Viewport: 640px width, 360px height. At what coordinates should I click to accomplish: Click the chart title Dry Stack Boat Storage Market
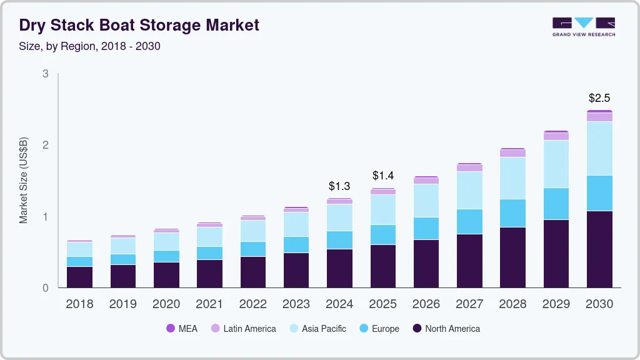(x=139, y=25)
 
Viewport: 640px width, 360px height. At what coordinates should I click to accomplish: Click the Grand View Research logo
(x=583, y=26)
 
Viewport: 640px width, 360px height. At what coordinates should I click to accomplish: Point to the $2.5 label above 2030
(x=599, y=98)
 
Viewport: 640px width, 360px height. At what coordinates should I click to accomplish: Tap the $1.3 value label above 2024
(x=339, y=186)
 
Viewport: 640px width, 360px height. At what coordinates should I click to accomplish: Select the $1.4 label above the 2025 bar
(x=382, y=176)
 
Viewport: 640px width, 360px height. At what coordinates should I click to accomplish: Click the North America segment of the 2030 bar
(x=599, y=249)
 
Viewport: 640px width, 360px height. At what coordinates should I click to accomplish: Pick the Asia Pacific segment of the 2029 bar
(x=556, y=164)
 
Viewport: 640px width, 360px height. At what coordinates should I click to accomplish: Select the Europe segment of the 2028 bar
(x=512, y=213)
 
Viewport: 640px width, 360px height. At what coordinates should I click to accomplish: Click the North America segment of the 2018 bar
(x=79, y=277)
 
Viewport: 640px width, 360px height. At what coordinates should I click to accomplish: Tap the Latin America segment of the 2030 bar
(x=599, y=117)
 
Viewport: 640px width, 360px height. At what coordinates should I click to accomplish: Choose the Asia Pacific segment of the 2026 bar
(x=426, y=201)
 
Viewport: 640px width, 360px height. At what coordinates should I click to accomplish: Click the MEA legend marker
(x=171, y=328)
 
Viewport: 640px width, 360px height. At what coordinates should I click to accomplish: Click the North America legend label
(x=452, y=328)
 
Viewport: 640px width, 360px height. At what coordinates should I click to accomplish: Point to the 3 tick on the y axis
(x=45, y=74)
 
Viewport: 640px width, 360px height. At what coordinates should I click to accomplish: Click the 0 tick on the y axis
(x=45, y=288)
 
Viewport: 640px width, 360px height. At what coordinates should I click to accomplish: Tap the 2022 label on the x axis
(x=252, y=304)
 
